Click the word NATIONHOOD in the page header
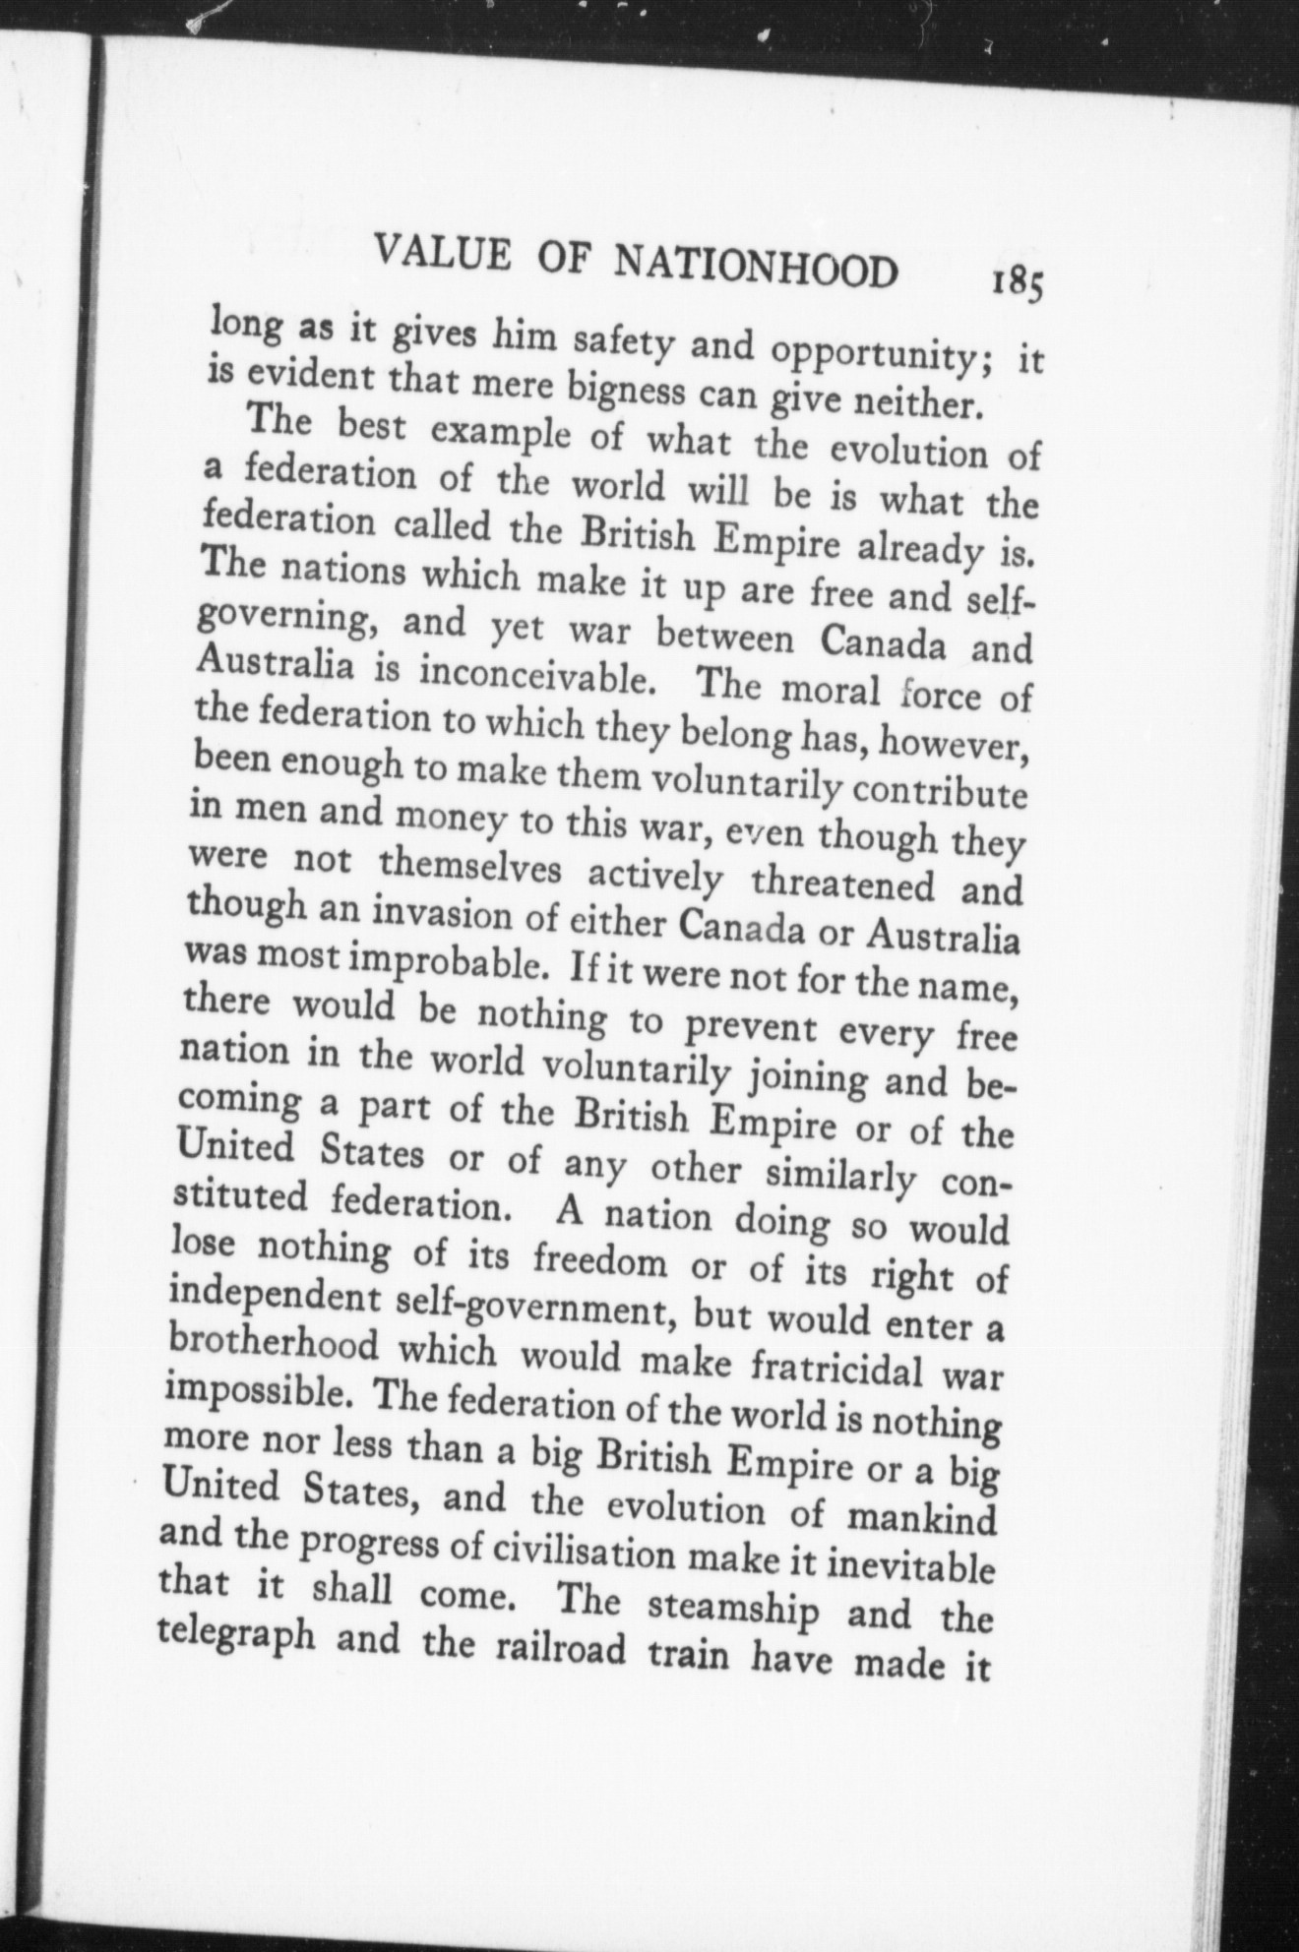pyautogui.click(x=755, y=265)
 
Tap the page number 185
pyautogui.click(x=1017, y=284)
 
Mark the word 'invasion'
pyautogui.click(x=420, y=919)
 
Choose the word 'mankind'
pyautogui.click(x=921, y=1516)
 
